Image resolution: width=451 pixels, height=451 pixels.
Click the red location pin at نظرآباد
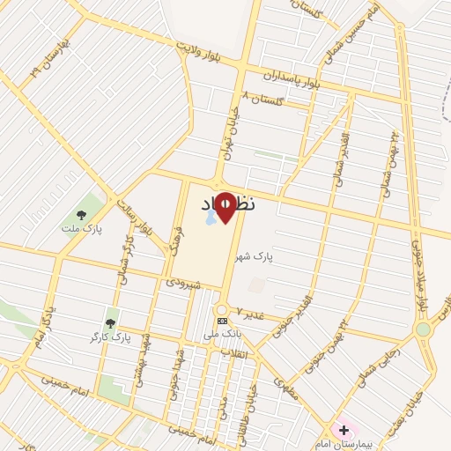[225, 206]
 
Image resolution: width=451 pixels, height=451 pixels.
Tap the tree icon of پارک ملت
[81, 214]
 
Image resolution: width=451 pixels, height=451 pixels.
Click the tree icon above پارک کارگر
[110, 323]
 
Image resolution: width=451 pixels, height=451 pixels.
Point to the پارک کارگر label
[110, 337]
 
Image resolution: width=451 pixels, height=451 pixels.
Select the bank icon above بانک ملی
[221, 321]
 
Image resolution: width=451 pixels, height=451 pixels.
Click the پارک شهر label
[255, 256]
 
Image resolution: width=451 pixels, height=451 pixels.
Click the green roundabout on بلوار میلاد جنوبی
[424, 329]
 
